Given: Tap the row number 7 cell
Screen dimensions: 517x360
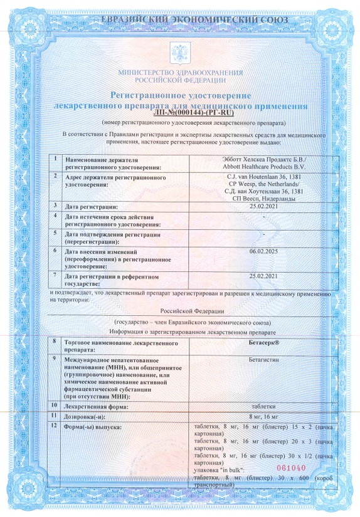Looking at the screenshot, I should point(56,274).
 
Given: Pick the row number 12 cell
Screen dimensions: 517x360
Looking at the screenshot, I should point(56,427).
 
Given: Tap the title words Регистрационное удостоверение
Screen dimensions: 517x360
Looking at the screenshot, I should point(181,95).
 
